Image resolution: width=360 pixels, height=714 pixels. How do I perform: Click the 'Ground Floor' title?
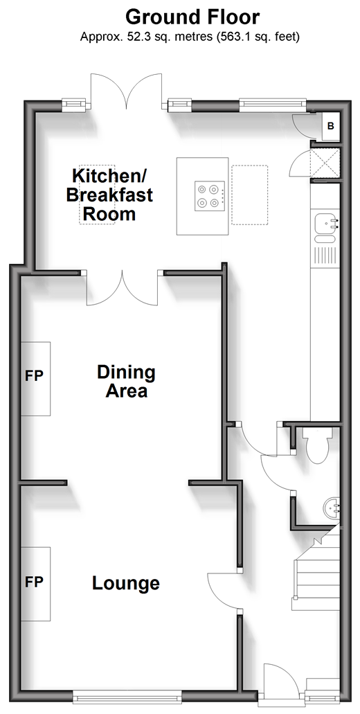pyautogui.click(x=192, y=18)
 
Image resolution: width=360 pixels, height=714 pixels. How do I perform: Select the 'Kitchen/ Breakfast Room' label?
pyautogui.click(x=109, y=195)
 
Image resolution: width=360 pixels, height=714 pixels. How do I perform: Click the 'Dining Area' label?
pyautogui.click(x=126, y=382)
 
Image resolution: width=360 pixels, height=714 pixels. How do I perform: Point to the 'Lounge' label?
pyautogui.click(x=126, y=583)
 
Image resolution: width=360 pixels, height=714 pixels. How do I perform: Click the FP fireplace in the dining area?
pyautogui.click(x=35, y=378)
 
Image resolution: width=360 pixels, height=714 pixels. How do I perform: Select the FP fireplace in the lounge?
pyautogui.click(x=35, y=584)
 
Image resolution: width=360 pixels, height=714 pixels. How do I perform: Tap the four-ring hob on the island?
pyautogui.click(x=210, y=196)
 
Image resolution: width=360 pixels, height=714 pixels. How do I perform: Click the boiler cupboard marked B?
pyautogui.click(x=330, y=126)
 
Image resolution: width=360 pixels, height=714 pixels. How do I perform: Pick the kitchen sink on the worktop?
pyautogui.click(x=326, y=226)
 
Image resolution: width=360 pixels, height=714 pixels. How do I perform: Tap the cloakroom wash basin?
pyautogui.click(x=332, y=508)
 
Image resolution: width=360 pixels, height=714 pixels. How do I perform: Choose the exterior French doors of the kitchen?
pyautogui.click(x=126, y=91)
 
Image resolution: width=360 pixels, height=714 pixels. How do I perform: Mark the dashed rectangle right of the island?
pyautogui.click(x=250, y=195)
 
